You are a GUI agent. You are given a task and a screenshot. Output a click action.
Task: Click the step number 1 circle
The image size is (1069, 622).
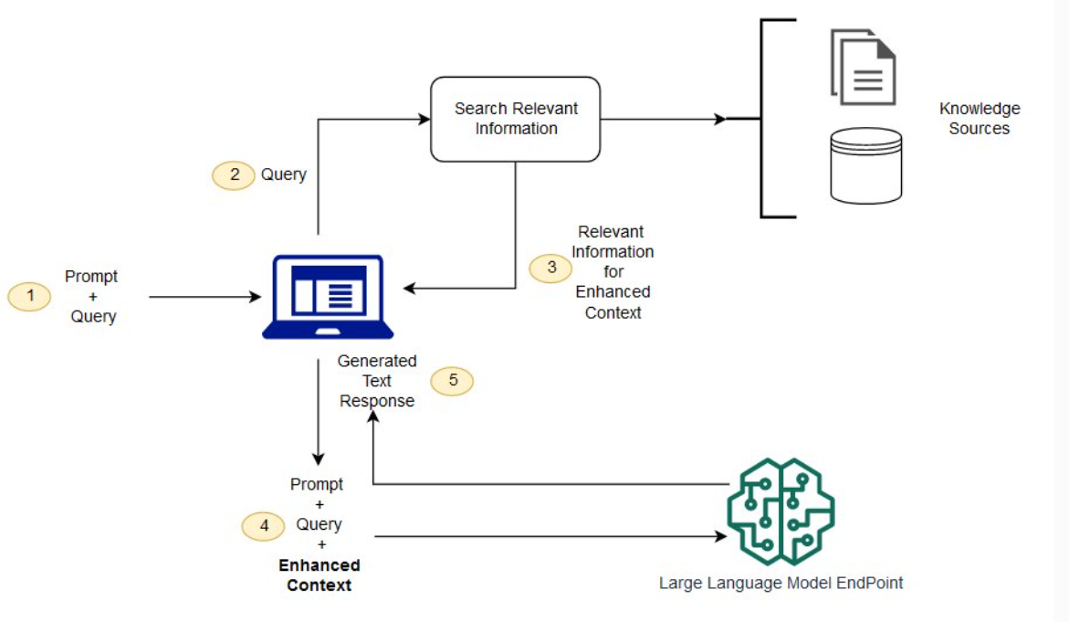30,296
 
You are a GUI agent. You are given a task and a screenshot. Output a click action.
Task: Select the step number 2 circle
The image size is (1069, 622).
234,174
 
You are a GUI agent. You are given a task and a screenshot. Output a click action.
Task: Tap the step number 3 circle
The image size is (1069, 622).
551,268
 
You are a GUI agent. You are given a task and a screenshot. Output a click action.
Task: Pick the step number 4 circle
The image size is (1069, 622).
264,525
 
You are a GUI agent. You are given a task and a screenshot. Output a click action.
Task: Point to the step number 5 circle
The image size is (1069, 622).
452,381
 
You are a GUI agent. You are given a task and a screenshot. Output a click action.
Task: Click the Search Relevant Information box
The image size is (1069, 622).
516,119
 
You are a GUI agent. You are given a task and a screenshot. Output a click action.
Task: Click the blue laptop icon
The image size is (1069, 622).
328,297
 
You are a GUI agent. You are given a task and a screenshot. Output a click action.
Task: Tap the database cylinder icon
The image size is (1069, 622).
865,165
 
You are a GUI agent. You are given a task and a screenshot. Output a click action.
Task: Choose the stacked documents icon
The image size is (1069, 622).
863,67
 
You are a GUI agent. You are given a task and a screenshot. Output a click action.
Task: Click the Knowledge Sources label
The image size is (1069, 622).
979,119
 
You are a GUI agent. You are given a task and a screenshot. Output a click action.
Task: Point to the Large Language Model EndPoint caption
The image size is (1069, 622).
781,583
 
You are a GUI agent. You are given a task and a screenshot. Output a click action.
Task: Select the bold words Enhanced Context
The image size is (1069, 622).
319,575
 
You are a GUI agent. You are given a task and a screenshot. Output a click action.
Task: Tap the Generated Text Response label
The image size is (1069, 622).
377,381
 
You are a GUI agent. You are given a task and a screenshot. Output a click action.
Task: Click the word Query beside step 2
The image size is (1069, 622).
284,174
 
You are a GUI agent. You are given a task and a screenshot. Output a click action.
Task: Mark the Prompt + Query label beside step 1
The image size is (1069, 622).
92,296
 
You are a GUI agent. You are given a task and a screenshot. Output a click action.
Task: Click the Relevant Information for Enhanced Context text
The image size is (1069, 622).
613,272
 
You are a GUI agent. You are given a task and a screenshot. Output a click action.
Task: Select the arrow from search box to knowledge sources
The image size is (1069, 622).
662,119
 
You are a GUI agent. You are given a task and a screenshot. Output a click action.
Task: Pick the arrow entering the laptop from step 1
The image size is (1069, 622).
205,297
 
